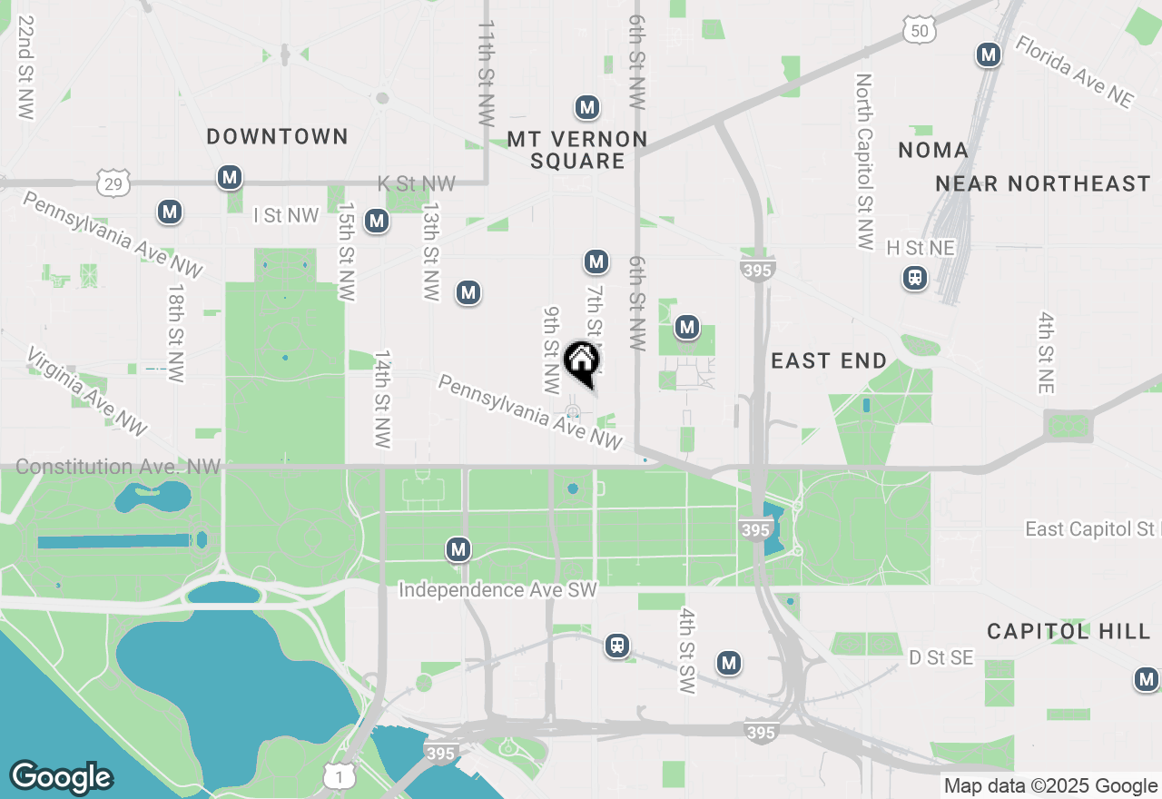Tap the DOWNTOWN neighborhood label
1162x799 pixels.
277,137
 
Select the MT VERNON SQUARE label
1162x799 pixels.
577,150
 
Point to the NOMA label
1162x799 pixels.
933,150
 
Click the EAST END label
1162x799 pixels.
829,361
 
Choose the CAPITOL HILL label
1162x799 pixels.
1068,631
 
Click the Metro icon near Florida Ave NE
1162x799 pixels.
989,55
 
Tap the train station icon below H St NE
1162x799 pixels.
915,278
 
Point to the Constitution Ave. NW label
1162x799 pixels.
118,467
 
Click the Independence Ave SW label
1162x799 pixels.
497,590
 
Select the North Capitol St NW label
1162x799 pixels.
864,162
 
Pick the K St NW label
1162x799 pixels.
417,184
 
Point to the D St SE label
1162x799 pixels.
941,657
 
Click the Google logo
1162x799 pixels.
61,777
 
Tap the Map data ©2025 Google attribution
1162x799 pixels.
1050,786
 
